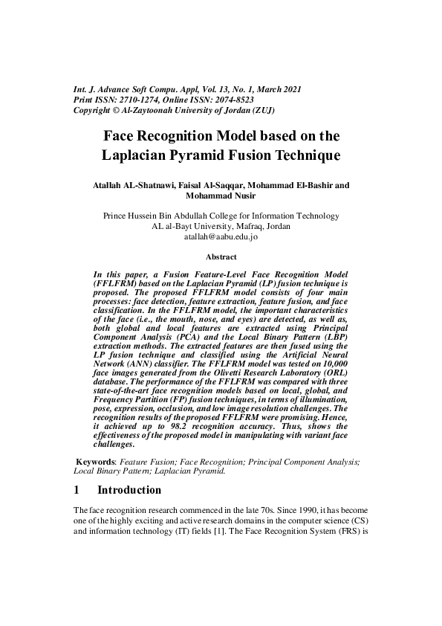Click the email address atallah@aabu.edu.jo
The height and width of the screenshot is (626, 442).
click(x=221, y=238)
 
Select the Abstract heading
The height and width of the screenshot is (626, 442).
click(x=221, y=257)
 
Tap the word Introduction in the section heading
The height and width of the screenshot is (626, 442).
click(x=129, y=490)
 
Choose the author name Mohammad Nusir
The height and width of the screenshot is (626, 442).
click(x=221, y=196)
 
